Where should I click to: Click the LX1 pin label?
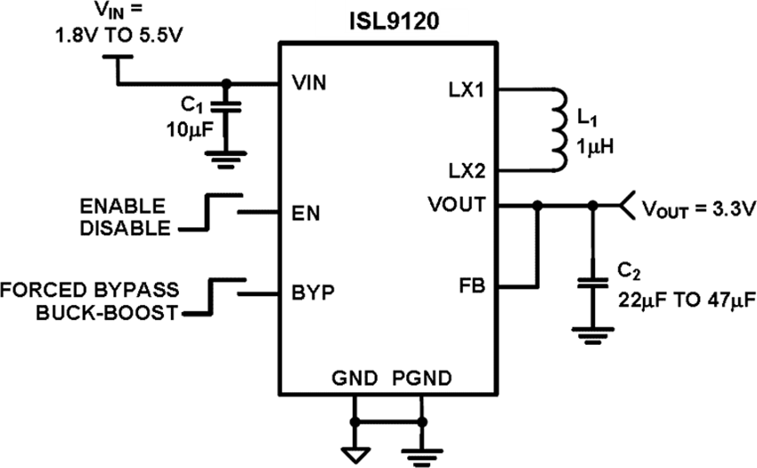(467, 90)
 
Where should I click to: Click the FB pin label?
(473, 286)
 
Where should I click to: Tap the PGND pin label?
(421, 377)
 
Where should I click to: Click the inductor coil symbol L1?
(558, 129)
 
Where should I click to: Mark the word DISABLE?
(126, 227)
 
